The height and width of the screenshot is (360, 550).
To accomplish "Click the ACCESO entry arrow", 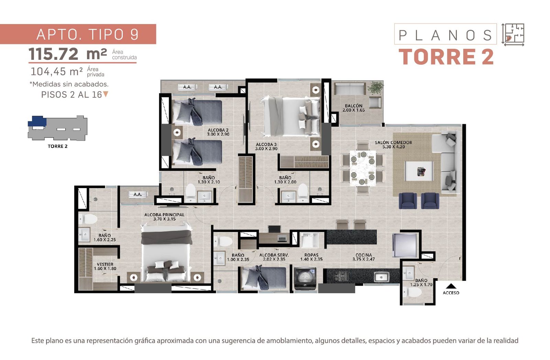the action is click(451, 286).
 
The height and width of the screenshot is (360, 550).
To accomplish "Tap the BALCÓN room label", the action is click(354, 106).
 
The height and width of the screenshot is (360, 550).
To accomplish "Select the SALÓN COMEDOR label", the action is click(393, 142).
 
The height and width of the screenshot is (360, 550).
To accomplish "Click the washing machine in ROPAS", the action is click(305, 279).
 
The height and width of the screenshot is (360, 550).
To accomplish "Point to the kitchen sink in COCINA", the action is click(381, 277).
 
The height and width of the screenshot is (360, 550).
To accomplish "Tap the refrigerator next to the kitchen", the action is click(404, 245).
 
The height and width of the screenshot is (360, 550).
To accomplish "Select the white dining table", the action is click(363, 168).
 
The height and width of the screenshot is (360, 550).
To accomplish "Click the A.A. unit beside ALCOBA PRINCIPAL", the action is click(138, 195).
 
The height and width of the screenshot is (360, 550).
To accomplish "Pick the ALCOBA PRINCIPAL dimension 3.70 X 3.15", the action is click(165, 219).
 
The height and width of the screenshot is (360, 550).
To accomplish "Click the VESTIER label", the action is click(105, 264).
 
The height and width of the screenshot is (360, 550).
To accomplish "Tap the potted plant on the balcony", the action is click(375, 87).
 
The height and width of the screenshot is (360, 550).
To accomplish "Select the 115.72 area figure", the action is click(53, 54).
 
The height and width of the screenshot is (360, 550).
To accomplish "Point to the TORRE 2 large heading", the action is click(446, 57).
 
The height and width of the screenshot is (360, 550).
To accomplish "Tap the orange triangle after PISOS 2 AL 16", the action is click(106, 94).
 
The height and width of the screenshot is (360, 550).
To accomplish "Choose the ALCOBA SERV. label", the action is click(274, 255).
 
